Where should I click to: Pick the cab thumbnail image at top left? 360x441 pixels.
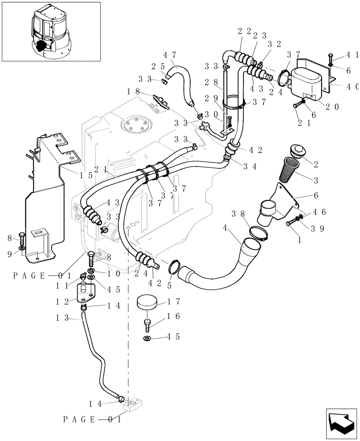(x=51, y=32)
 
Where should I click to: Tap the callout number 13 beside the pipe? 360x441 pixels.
(x=62, y=318)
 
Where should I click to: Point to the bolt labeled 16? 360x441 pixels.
(x=147, y=325)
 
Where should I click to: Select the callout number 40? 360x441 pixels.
(x=352, y=87)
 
